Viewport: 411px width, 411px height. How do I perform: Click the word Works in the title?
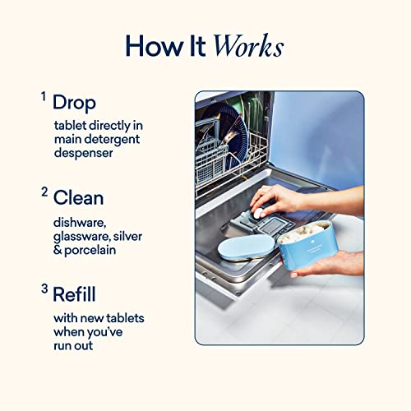(x=247, y=46)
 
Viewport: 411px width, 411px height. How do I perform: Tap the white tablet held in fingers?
(x=257, y=213)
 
